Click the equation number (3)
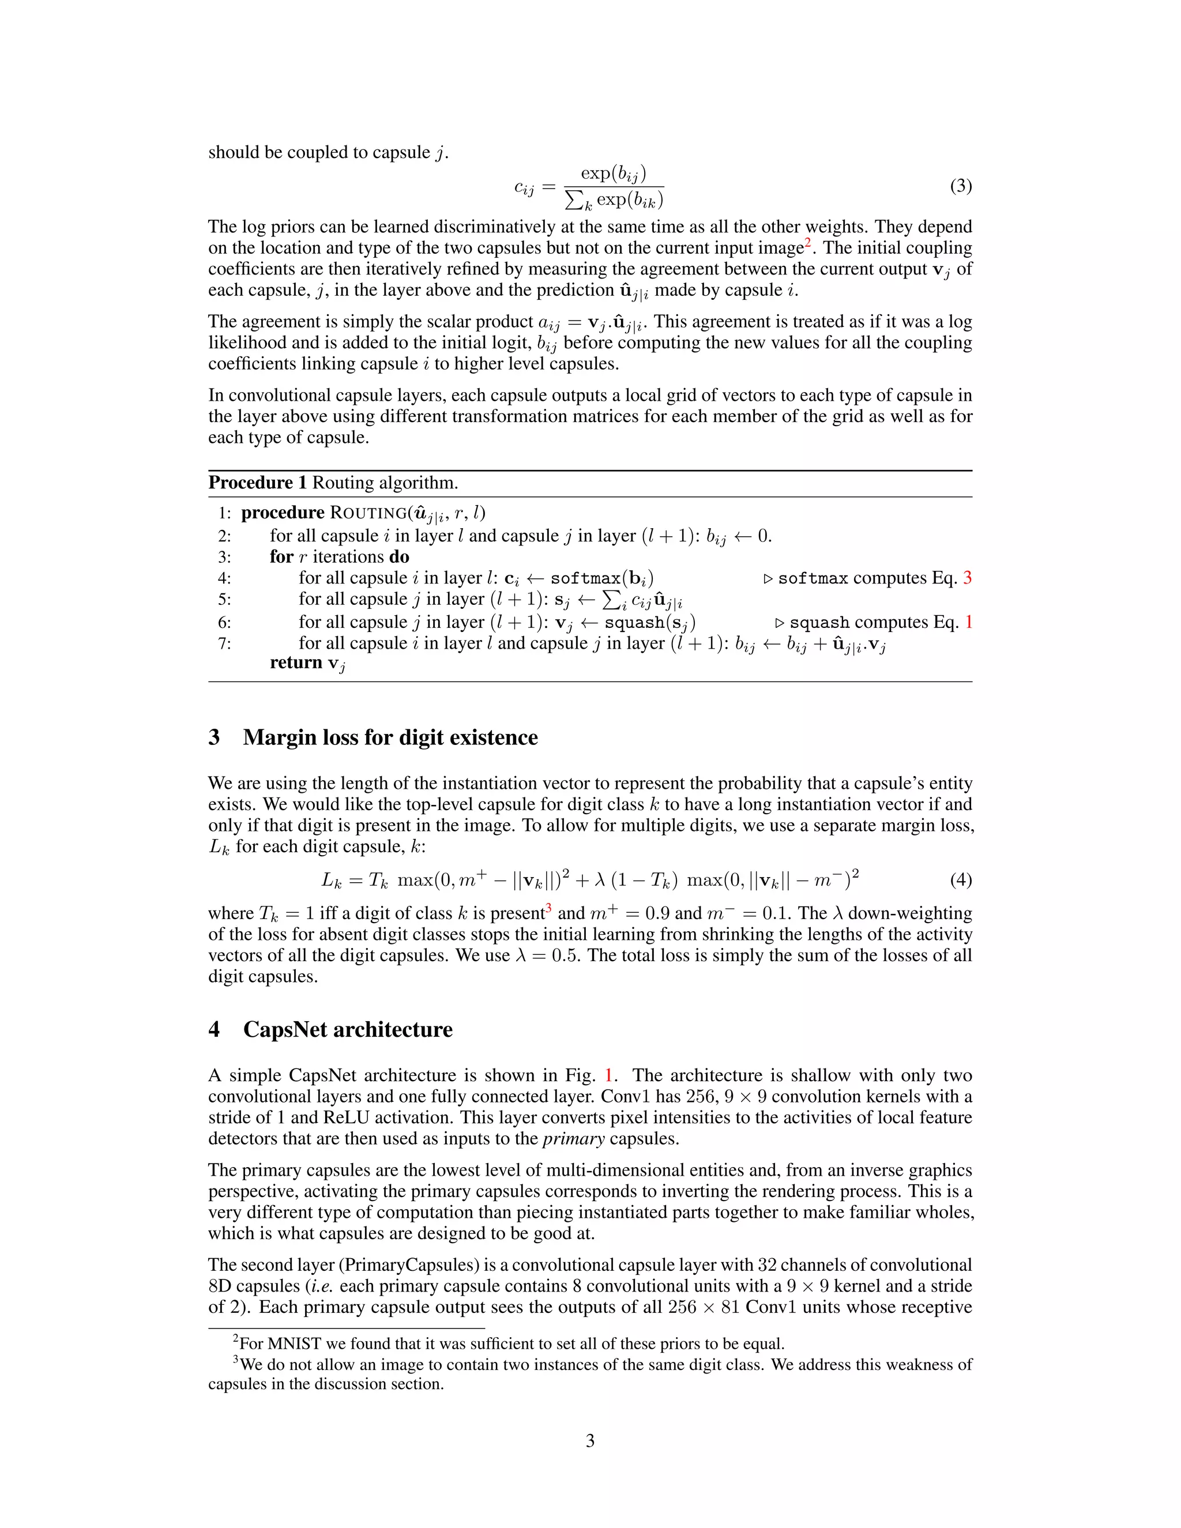pyautogui.click(x=961, y=186)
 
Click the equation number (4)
pyautogui.click(x=961, y=879)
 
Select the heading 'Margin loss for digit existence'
pyautogui.click(x=390, y=737)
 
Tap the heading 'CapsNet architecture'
pyautogui.click(x=348, y=1029)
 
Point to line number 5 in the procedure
pyautogui.click(x=224, y=600)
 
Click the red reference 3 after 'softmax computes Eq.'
pyautogui.click(x=968, y=578)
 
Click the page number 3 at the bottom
pyautogui.click(x=590, y=1440)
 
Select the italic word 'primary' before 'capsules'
pyautogui.click(x=573, y=1138)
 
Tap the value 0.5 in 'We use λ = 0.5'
pyautogui.click(x=567, y=955)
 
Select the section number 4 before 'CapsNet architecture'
pyautogui.click(x=214, y=1029)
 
